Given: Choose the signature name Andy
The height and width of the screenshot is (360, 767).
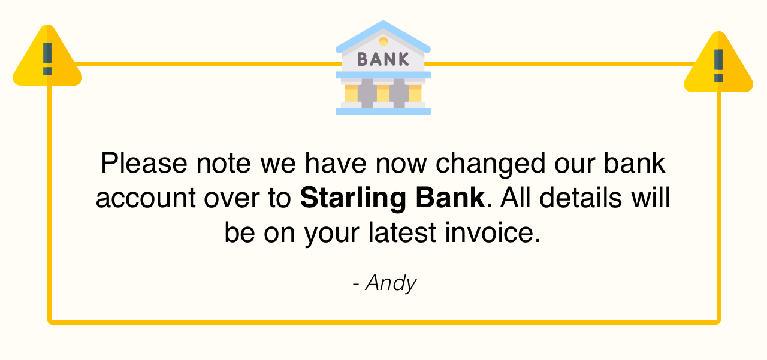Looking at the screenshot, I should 391,283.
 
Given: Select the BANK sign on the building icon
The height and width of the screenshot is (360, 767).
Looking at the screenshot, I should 383,59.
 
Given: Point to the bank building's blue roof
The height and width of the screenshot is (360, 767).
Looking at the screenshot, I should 383,33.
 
